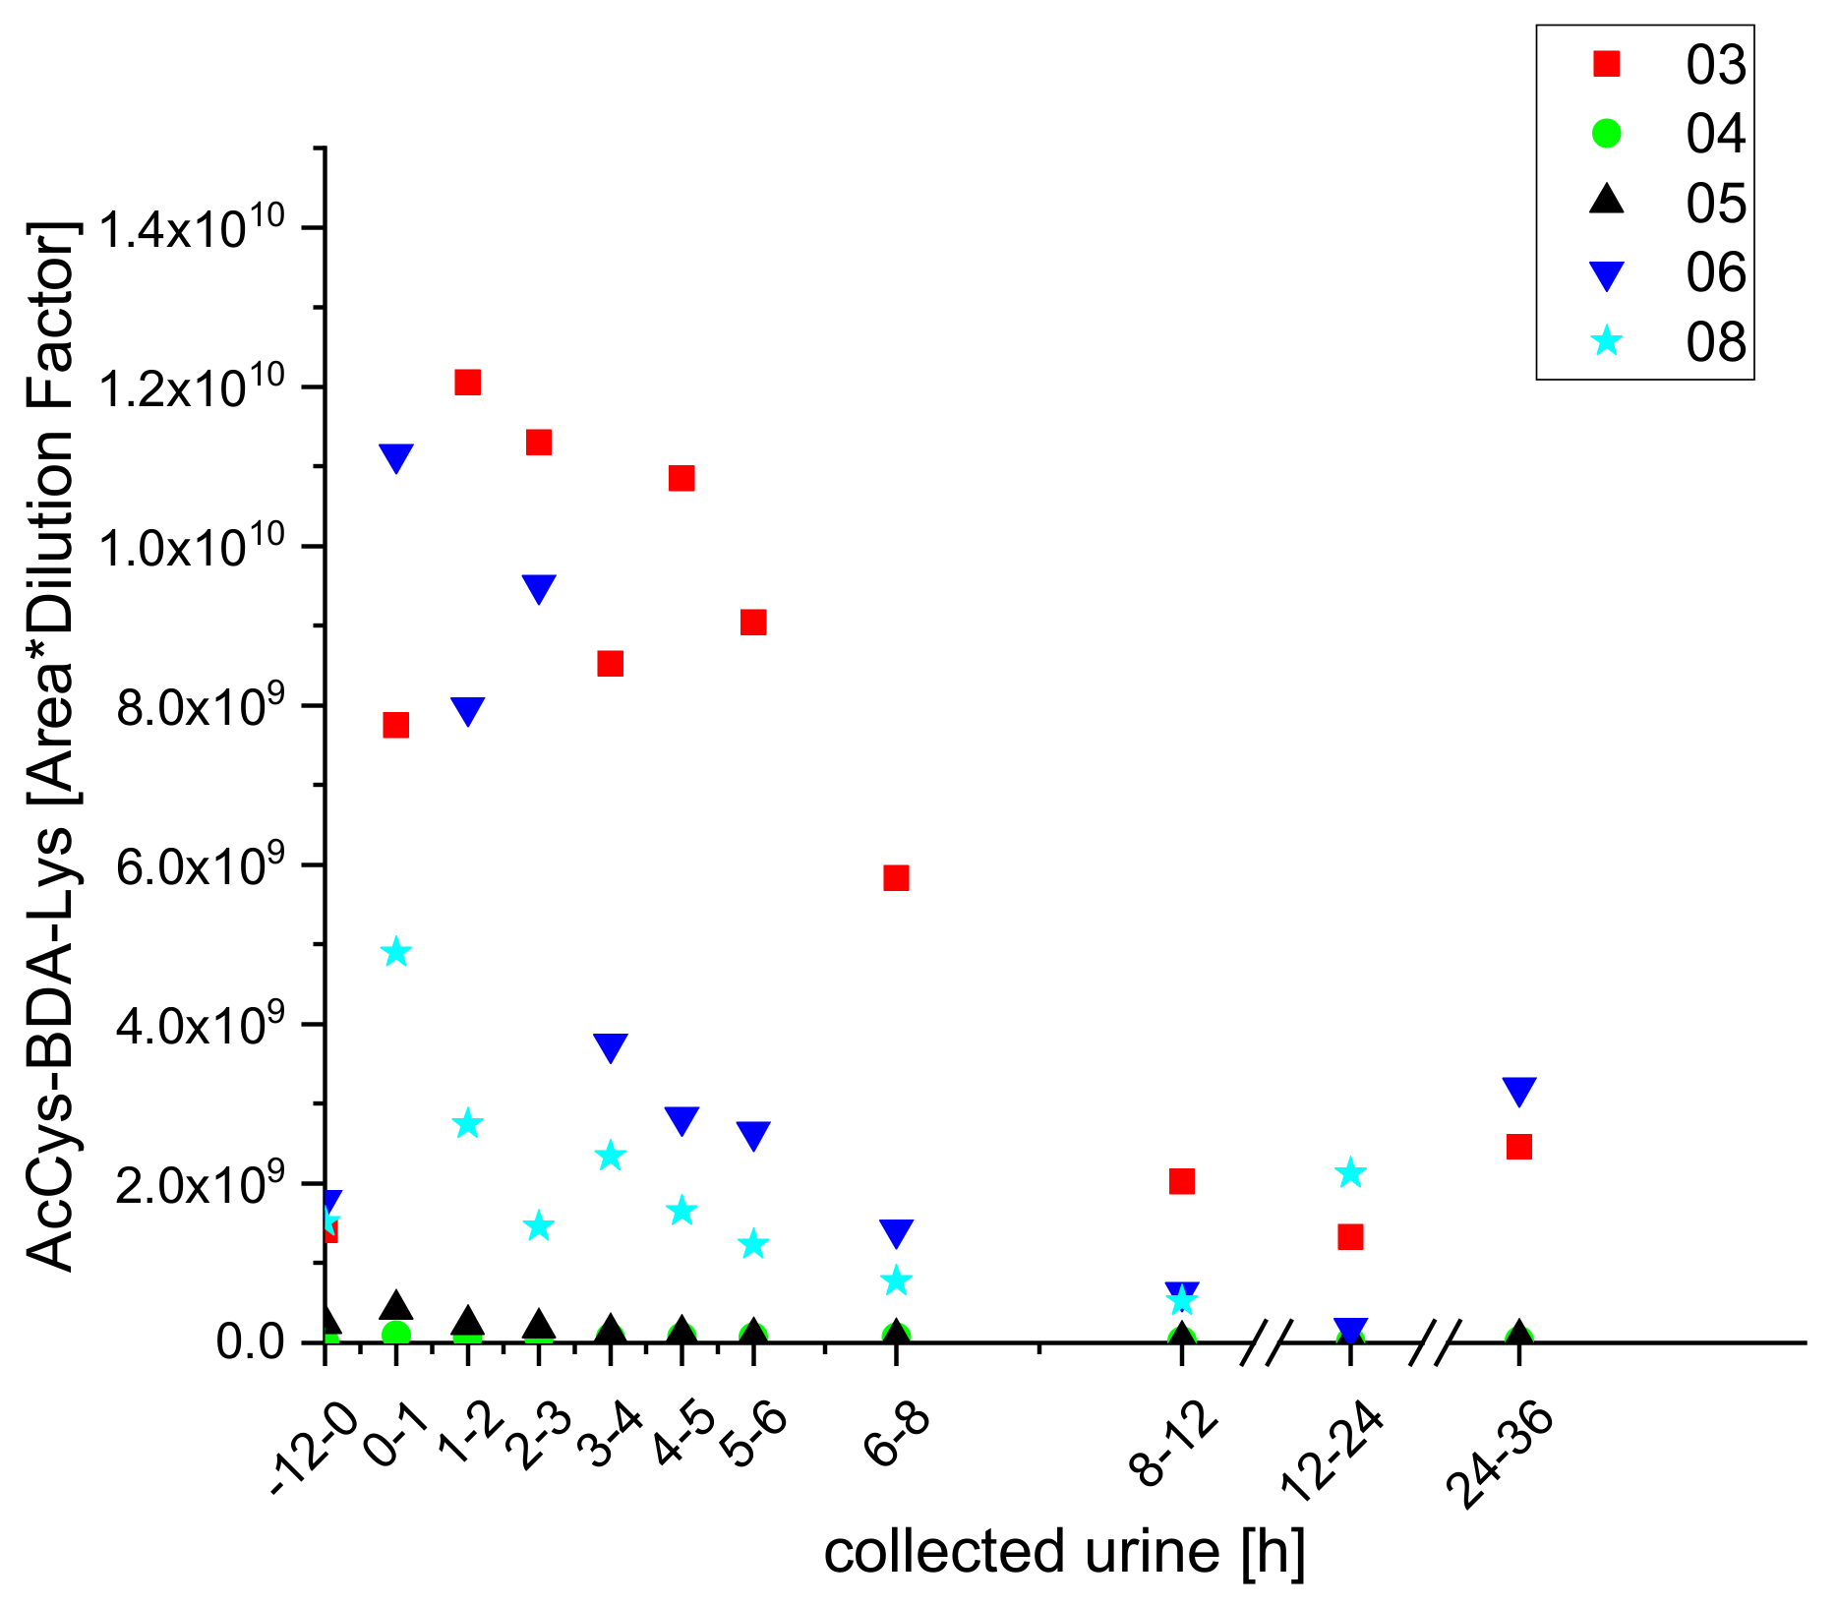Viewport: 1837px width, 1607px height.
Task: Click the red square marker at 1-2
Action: pos(467,383)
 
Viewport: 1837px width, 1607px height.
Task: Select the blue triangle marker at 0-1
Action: pos(395,457)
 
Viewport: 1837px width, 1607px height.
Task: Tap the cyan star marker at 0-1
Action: pos(395,952)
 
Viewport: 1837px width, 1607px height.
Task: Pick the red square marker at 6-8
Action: pos(896,877)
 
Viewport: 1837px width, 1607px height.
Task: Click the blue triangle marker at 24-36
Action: pos(1519,1091)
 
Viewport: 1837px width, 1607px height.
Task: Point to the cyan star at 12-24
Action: pos(1350,1172)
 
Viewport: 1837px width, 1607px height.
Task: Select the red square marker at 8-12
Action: pos(1182,1181)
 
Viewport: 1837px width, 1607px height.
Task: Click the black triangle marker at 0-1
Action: pos(395,1306)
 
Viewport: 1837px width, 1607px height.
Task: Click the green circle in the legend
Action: pos(1606,133)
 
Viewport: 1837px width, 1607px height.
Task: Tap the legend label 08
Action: pos(1715,342)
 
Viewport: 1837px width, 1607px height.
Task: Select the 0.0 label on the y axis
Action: pos(251,1341)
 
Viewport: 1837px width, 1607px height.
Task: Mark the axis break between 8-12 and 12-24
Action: pos(1263,1342)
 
